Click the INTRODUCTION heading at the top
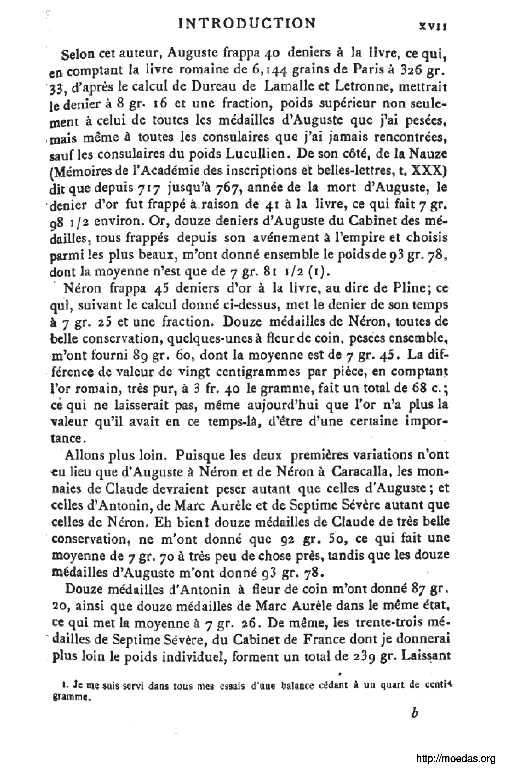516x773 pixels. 246,24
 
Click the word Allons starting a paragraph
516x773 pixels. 86,455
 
